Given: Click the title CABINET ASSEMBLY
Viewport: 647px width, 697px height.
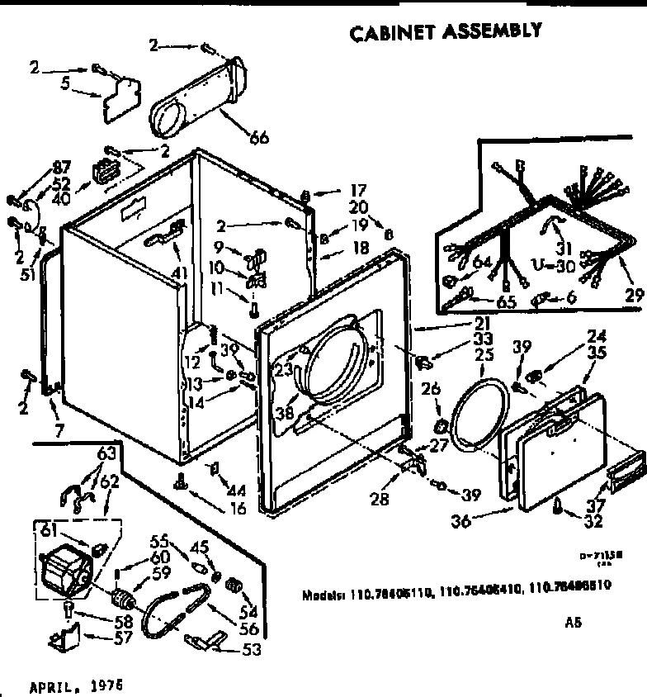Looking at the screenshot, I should pos(446,31).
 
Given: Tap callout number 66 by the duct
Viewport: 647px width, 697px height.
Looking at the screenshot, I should pos(258,138).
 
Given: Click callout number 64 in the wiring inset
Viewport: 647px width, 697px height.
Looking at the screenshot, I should pos(483,263).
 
